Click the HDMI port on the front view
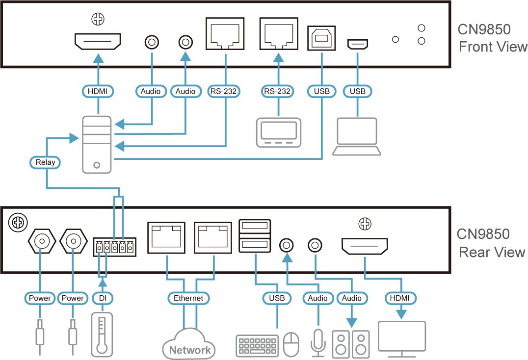tap(98, 41)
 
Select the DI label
tap(102, 298)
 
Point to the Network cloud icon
tap(189, 344)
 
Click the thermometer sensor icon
tap(102, 334)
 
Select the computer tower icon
tap(98, 144)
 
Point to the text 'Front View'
tap(493, 47)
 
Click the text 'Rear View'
tap(492, 252)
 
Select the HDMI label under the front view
tap(98, 91)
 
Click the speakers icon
tap(351, 343)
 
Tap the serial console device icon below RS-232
tap(278, 132)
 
